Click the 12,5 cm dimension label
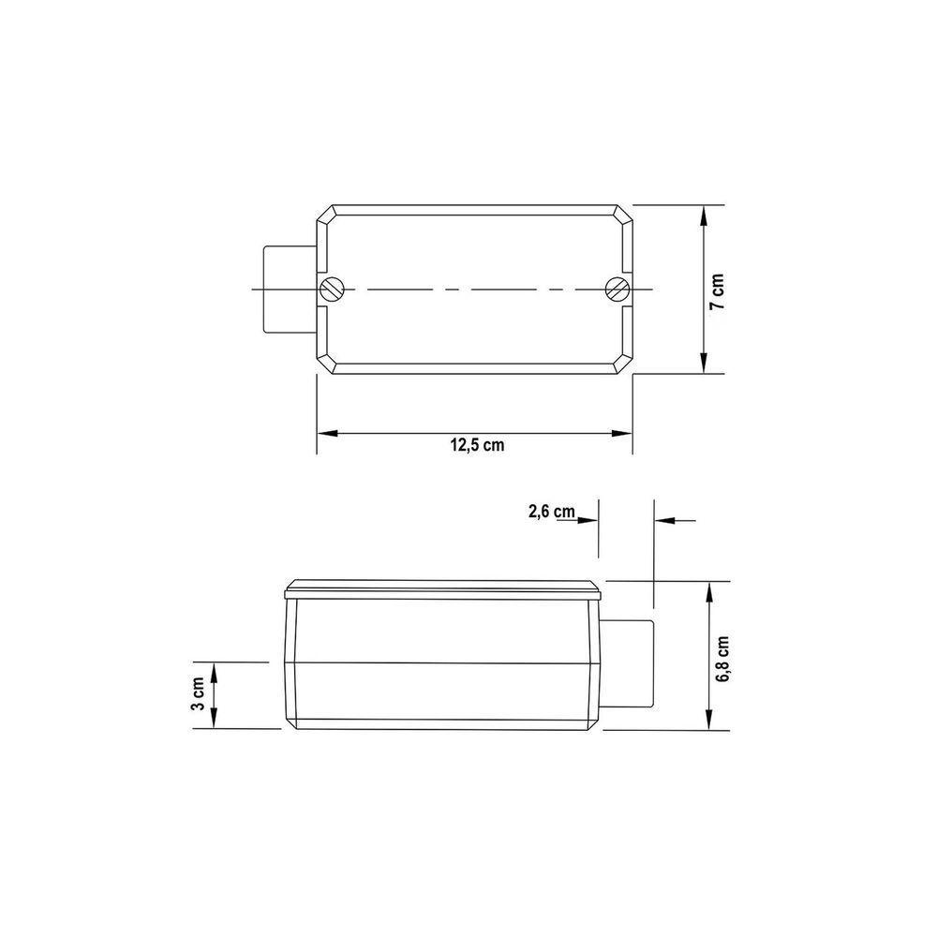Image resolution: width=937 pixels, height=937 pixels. pos(477,445)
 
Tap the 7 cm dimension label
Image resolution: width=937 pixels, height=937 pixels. pos(717,291)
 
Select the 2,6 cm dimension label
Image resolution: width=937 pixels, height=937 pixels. pos(552,512)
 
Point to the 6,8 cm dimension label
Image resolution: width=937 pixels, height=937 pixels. pos(721,659)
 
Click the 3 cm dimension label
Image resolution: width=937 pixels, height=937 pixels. pos(198,693)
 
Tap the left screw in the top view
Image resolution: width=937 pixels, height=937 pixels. pos(332,290)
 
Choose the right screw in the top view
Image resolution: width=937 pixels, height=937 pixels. pos(617,290)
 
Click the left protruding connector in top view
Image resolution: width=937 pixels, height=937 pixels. pos(290,290)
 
